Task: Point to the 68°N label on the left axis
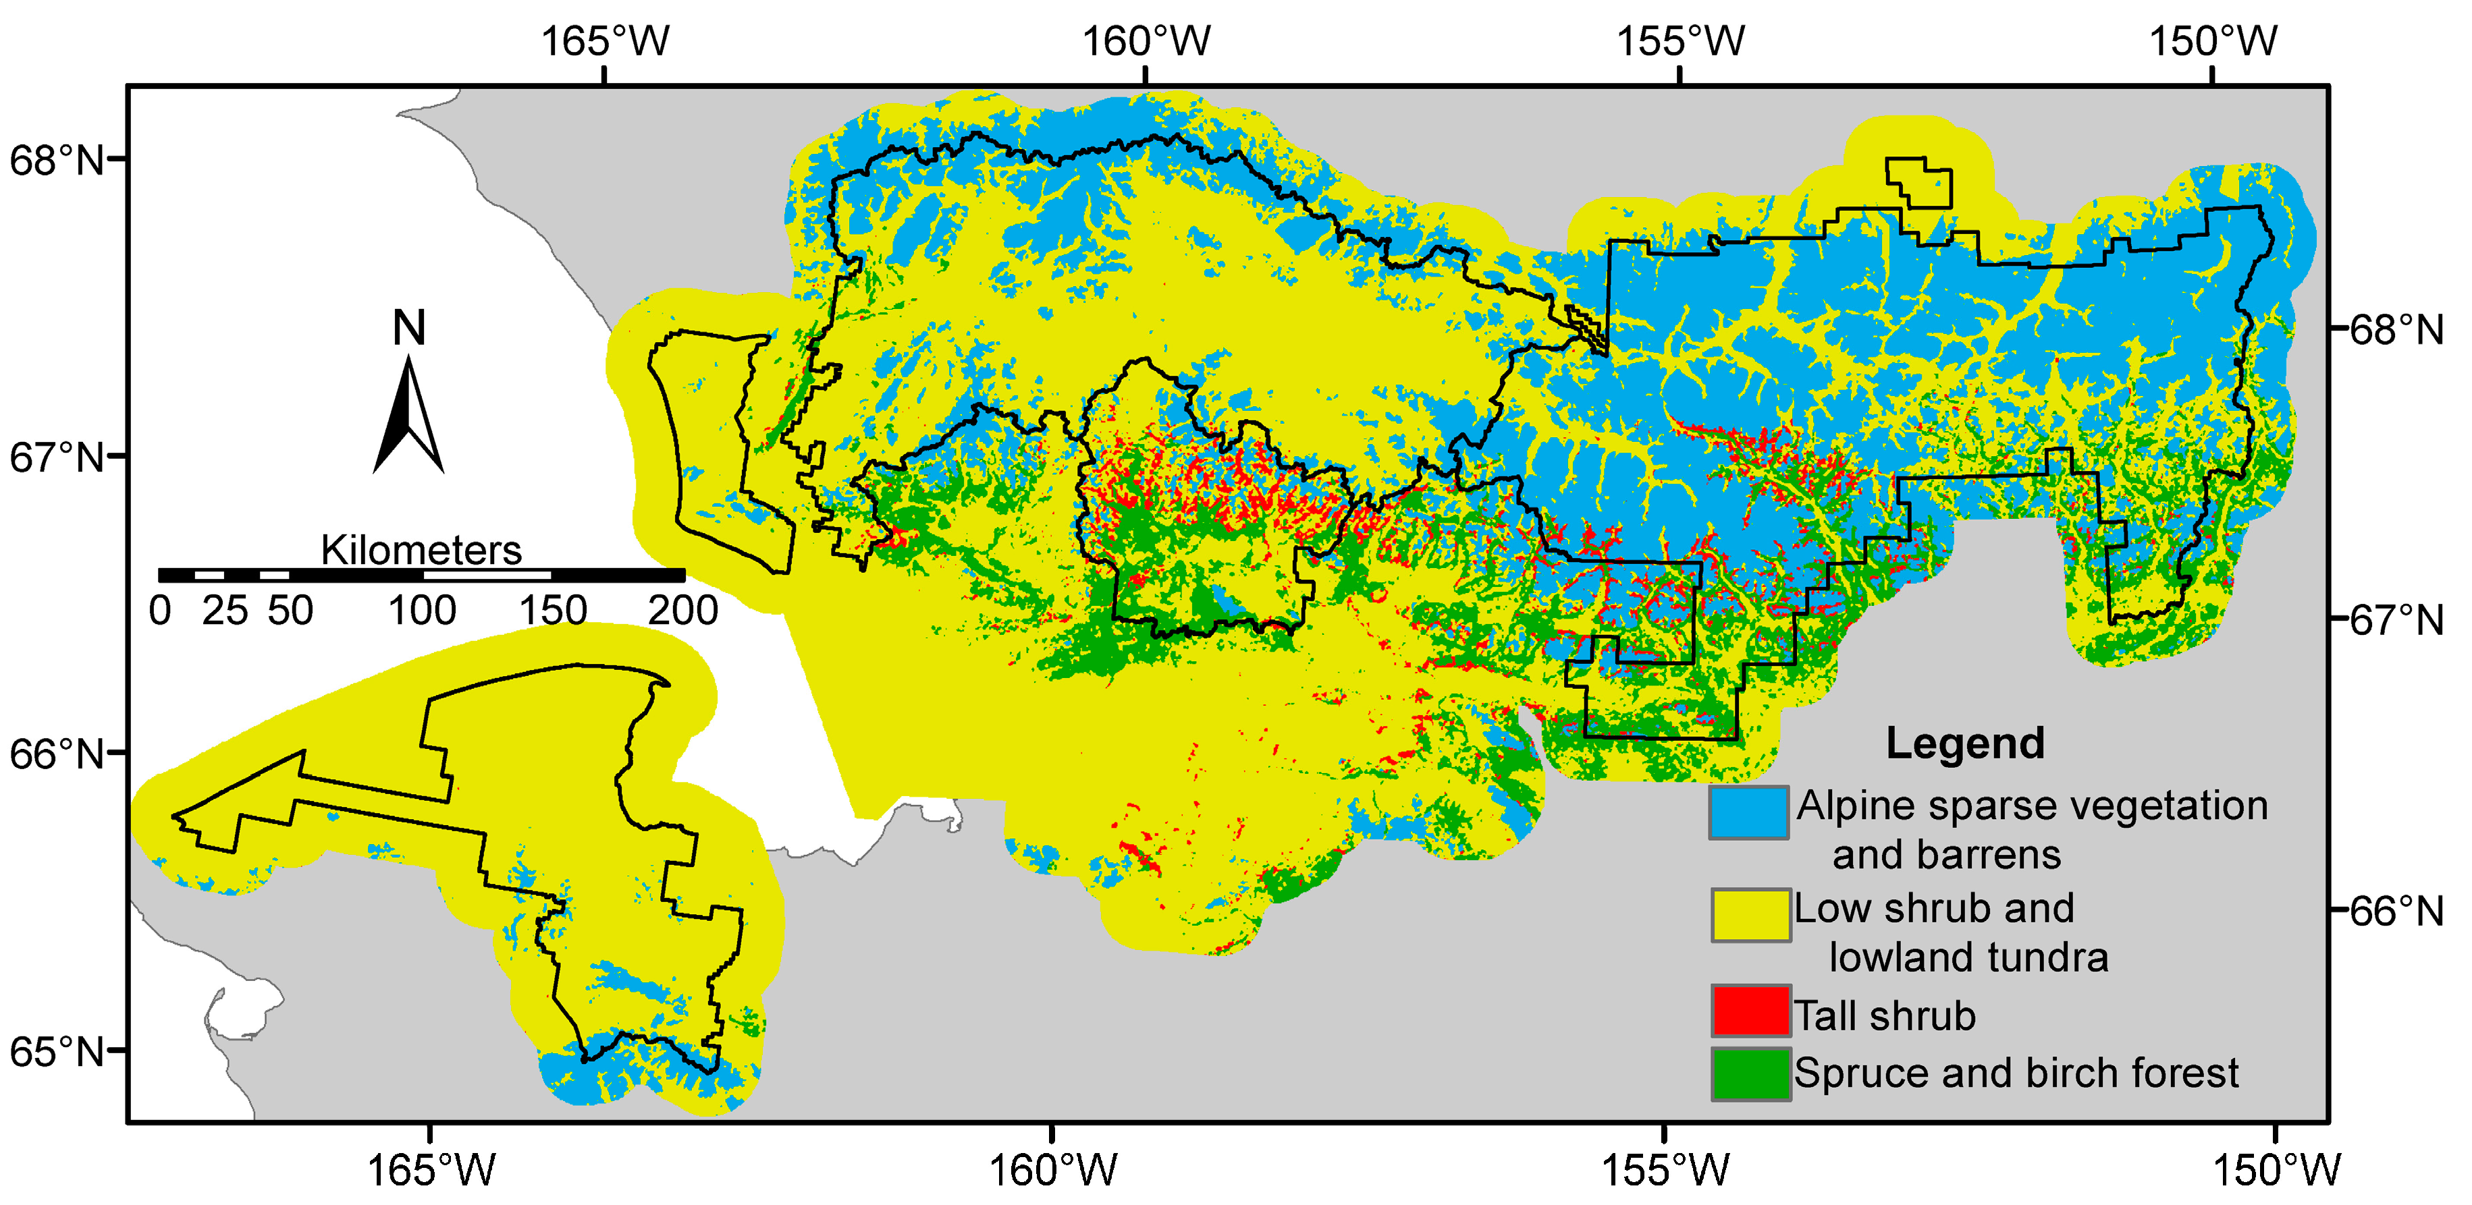(x=55, y=160)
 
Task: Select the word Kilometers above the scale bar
(x=421, y=551)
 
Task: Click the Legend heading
(x=1964, y=744)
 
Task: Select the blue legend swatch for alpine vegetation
(x=1748, y=812)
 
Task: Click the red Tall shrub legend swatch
(x=1750, y=1010)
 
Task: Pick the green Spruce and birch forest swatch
(x=1750, y=1073)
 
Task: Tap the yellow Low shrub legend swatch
(x=1750, y=914)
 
